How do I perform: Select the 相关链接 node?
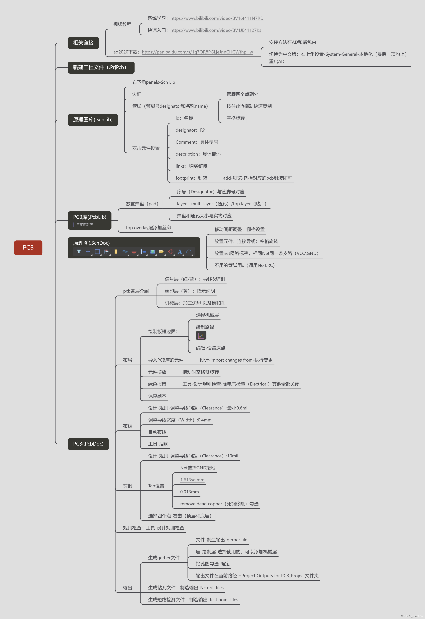pyautogui.click(x=83, y=43)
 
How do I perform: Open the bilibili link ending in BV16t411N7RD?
pyautogui.click(x=217, y=18)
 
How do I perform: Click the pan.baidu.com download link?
pyautogui.click(x=197, y=52)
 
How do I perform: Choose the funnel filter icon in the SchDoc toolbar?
pyautogui.click(x=79, y=251)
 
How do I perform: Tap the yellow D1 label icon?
pyautogui.click(x=161, y=251)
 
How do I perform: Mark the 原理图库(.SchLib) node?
pyautogui.click(x=93, y=120)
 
